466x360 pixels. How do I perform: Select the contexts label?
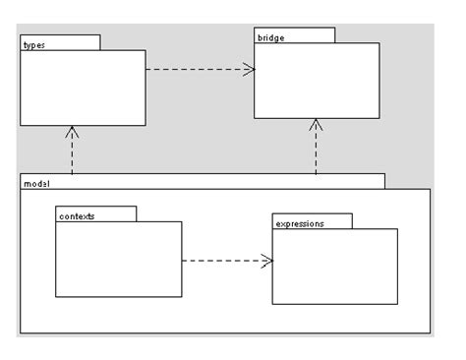(77, 215)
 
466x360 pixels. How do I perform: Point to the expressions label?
(300, 223)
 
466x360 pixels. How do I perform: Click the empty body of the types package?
(83, 88)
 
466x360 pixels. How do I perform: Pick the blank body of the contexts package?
(118, 259)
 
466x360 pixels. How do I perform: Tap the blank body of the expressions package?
(334, 266)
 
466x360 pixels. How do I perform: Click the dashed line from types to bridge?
(197, 69)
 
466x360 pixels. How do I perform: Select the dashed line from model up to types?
(73, 154)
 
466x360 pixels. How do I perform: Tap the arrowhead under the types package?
(73, 132)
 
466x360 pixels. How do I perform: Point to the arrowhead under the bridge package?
(316, 125)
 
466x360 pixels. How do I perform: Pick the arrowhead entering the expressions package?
(266, 261)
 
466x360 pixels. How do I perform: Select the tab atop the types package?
(60, 43)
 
